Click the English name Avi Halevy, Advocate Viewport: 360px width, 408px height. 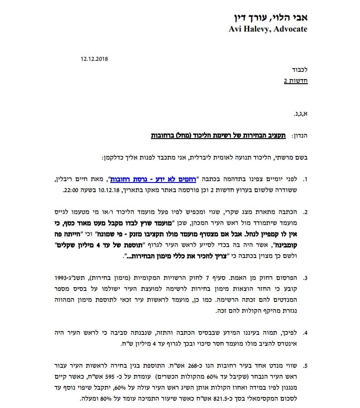(x=268, y=29)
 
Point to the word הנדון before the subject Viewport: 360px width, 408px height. (x=299, y=136)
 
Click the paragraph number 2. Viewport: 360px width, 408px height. (x=305, y=212)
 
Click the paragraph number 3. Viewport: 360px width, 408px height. (x=305, y=277)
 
